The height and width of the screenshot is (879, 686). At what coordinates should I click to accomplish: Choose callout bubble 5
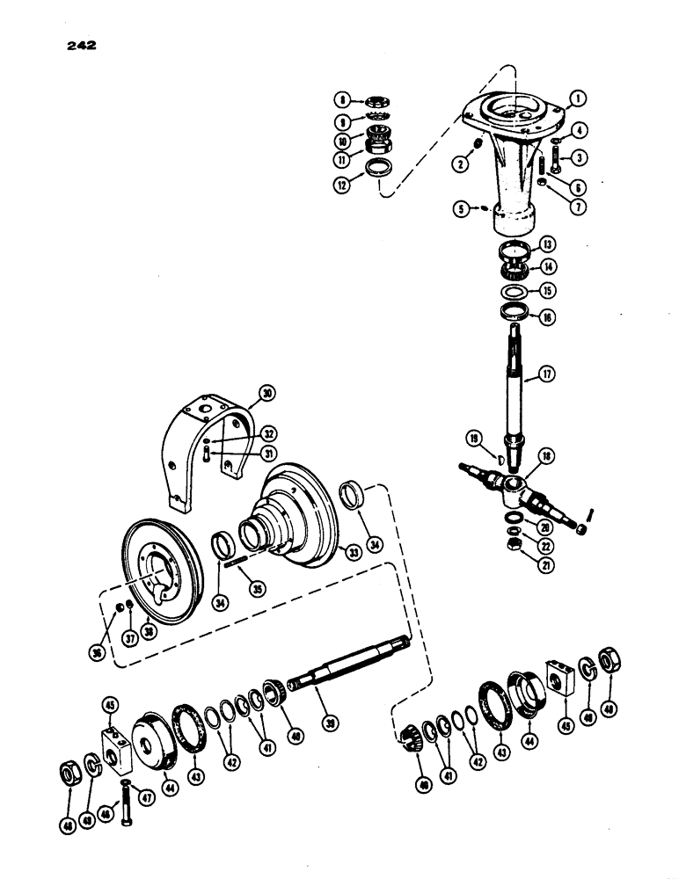click(x=461, y=210)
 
